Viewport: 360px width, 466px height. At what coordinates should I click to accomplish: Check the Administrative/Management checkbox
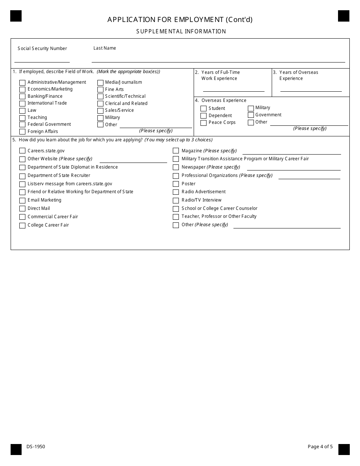pyautogui.click(x=22, y=83)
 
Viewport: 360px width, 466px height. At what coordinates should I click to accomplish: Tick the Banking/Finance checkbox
pyautogui.click(x=22, y=97)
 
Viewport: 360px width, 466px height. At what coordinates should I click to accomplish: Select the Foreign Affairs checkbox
pyautogui.click(x=22, y=132)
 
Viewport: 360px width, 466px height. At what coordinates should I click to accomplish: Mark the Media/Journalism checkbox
pyautogui.click(x=100, y=83)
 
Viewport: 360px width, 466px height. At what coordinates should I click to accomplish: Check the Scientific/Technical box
pyautogui.click(x=100, y=97)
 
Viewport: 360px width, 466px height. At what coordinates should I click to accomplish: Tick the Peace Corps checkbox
pyautogui.click(x=203, y=123)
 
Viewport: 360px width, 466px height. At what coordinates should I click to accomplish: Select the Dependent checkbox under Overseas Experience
pyautogui.click(x=203, y=116)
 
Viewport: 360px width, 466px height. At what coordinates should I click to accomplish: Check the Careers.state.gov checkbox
pyautogui.click(x=22, y=151)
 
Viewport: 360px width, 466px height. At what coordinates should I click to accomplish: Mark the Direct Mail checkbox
pyautogui.click(x=22, y=209)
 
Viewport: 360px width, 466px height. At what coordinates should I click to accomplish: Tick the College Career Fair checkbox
pyautogui.click(x=22, y=225)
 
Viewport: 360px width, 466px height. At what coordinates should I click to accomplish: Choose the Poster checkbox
pyautogui.click(x=176, y=184)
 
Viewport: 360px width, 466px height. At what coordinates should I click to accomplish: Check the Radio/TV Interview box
pyautogui.click(x=176, y=200)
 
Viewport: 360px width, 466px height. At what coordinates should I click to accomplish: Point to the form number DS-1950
pyautogui.click(x=36, y=447)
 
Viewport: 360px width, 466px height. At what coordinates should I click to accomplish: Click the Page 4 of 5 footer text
pyautogui.click(x=320, y=447)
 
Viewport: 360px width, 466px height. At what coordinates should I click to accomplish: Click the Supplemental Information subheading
pyautogui.click(x=181, y=31)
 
